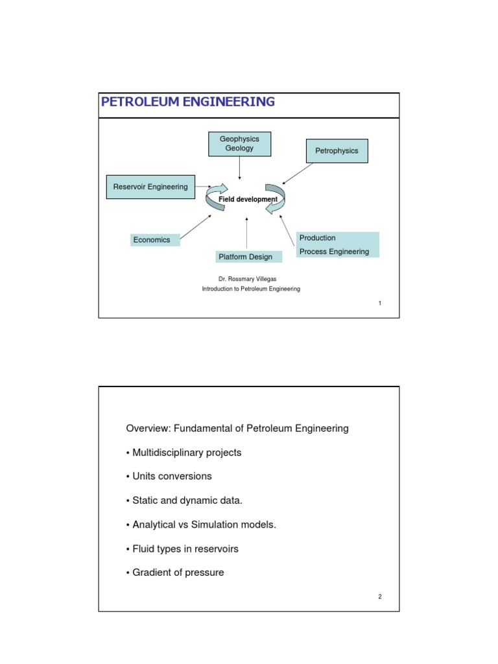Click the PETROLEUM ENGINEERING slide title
tap(187, 102)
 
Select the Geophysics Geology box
tap(239, 144)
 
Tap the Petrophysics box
tap(337, 151)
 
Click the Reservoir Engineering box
tap(150, 187)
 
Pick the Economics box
tap(155, 240)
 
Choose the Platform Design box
tap(249, 257)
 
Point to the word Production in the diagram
tap(318, 238)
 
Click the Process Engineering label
tap(334, 252)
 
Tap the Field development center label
tap(248, 199)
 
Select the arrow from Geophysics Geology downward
tap(240, 168)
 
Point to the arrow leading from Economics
tap(196, 229)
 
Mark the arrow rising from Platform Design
tap(247, 234)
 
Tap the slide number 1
tap(379, 303)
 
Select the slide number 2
tap(379, 597)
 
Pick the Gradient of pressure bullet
tap(175, 573)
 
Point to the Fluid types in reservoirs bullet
tap(182, 549)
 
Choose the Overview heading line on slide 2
tap(237, 428)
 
